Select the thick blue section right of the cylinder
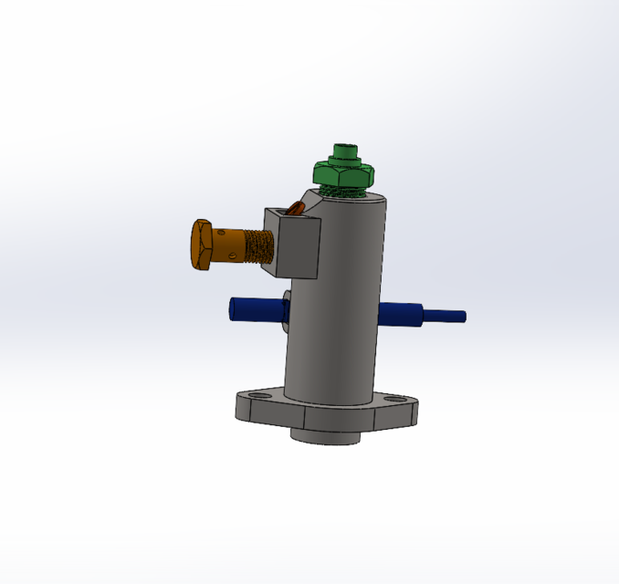tap(402, 315)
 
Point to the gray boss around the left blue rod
tap(286, 310)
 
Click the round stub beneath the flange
tap(325, 437)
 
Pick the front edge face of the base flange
tap(274, 418)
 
